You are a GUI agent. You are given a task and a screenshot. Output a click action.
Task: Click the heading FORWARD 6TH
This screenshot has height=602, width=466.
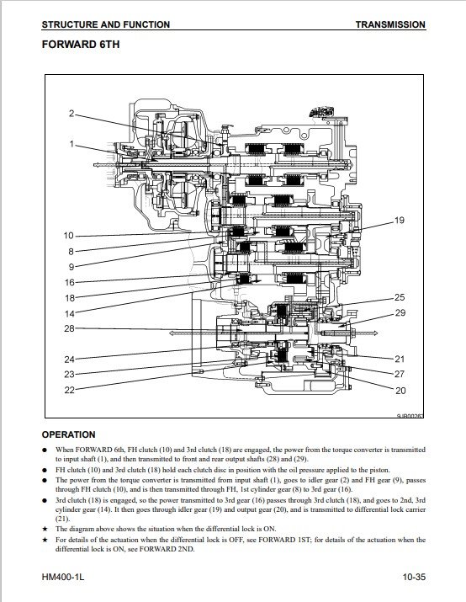coord(81,45)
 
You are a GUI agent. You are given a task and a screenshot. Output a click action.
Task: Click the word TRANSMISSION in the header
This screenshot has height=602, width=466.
coord(390,24)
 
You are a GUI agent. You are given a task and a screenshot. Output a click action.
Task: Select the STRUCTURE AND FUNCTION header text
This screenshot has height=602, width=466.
coord(106,24)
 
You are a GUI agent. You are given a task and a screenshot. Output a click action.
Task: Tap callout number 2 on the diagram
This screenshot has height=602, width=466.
coord(71,114)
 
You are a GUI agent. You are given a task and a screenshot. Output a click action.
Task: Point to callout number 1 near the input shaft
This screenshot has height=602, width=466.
coord(71,144)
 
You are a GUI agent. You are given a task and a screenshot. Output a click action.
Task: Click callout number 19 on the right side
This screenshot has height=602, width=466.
coord(400,221)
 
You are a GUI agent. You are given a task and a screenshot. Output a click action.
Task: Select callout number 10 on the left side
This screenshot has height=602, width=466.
coord(69,236)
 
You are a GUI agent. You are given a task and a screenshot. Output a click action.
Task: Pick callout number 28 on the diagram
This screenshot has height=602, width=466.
coord(69,328)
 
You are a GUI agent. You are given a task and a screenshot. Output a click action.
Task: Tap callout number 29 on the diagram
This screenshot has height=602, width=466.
coord(400,313)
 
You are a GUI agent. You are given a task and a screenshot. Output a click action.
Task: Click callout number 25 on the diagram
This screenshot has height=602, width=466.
coord(400,297)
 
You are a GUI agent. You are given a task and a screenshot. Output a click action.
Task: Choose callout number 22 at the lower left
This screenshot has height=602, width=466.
coord(69,390)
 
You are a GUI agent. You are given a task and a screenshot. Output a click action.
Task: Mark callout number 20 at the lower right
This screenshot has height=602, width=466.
coord(400,391)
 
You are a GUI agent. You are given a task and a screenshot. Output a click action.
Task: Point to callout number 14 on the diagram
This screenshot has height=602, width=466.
coord(70,314)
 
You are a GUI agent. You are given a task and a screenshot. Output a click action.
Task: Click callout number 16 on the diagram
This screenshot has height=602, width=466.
coord(70,283)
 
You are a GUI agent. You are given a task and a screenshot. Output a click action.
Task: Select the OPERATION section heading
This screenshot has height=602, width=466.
coord(69,434)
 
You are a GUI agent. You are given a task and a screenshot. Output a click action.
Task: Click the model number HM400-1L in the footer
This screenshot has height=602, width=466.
coord(63,577)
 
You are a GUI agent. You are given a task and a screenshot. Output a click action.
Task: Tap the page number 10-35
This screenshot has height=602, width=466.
coord(414,577)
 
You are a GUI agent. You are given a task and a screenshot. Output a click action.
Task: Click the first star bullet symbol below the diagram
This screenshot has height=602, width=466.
coord(45,529)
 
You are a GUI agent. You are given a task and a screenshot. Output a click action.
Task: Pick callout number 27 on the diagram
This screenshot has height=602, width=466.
coord(400,374)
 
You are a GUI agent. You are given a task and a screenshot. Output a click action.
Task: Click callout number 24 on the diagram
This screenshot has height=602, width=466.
coord(69,360)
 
